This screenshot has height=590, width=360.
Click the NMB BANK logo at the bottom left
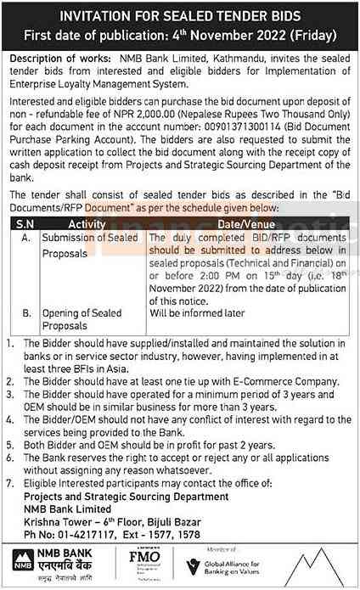pos(51,563)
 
